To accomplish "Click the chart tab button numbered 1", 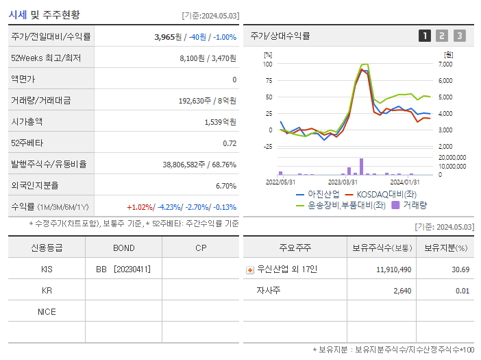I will pyautogui.click(x=425, y=36).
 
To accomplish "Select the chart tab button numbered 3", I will pyautogui.click(x=459, y=36).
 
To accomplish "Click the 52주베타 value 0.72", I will pyautogui.click(x=230, y=143).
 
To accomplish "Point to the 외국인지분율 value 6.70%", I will pyautogui.click(x=225, y=186).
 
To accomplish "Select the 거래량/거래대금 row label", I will pyautogui.click(x=40, y=101).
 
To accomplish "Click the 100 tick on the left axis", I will pyautogui.click(x=268, y=64).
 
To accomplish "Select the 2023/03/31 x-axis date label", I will pyautogui.click(x=343, y=182).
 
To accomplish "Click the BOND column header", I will pyautogui.click(x=123, y=248).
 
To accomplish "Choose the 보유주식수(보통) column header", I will pyautogui.click(x=382, y=248).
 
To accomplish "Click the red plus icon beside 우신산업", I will pyautogui.click(x=249, y=269).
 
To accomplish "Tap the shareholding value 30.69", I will pyautogui.click(x=461, y=269).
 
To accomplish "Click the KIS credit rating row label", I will pyautogui.click(x=47, y=269).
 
